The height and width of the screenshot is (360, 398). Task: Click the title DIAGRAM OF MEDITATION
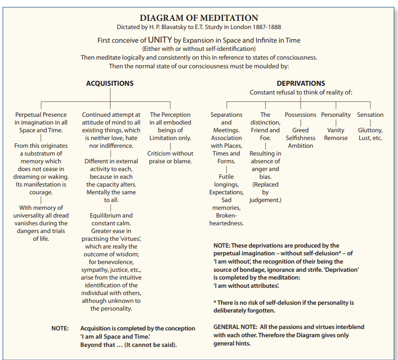[199, 18]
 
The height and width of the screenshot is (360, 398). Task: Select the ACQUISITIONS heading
[110, 83]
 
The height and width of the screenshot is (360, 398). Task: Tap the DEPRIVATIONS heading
[301, 83]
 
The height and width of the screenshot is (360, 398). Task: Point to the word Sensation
[370, 115]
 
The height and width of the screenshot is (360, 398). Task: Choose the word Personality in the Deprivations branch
[336, 115]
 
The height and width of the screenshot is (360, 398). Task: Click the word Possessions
[301, 115]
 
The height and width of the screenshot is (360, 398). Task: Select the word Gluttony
[370, 130]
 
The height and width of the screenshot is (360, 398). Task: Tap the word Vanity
[336, 130]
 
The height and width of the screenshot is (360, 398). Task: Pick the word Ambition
[301, 146]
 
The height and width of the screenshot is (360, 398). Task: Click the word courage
[41, 192]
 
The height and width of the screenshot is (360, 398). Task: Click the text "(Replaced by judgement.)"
[265, 192]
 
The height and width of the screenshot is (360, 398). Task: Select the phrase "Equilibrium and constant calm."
[111, 219]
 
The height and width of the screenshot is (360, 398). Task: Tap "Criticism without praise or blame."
[170, 157]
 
